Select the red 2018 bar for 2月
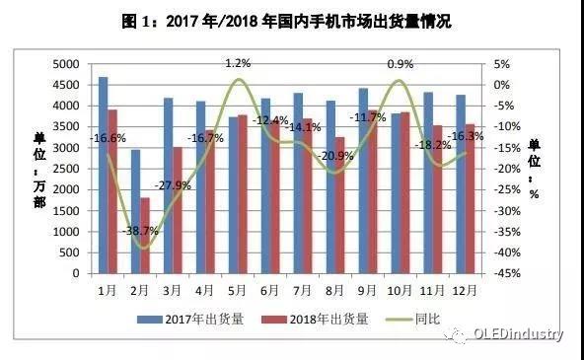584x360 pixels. [145, 237]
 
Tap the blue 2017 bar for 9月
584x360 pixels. [363, 181]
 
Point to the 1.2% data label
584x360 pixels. [238, 63]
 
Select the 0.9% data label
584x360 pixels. [400, 63]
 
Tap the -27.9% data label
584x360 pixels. [178, 185]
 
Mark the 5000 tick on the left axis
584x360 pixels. [65, 63]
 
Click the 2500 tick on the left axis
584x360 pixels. [65, 169]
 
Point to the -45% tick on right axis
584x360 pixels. [502, 274]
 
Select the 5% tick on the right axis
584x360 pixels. [500, 63]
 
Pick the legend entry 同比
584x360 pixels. [423, 319]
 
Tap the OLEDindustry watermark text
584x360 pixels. [516, 333]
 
